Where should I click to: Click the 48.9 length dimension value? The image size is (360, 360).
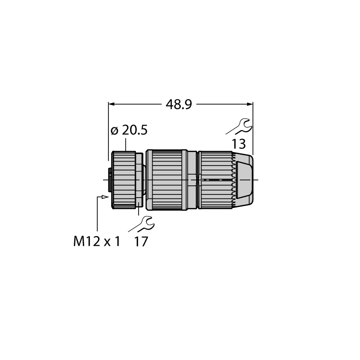[x=179, y=105]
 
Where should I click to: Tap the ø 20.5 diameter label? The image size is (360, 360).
[x=129, y=130]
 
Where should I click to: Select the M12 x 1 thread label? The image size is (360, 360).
[x=97, y=242]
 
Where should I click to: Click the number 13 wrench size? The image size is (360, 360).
[x=238, y=144]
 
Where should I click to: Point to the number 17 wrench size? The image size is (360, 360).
[x=141, y=242]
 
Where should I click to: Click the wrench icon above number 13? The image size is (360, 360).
[x=239, y=126]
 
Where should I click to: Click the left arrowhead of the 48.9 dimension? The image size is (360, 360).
[x=111, y=104]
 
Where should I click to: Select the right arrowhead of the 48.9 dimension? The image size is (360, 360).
[x=250, y=104]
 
